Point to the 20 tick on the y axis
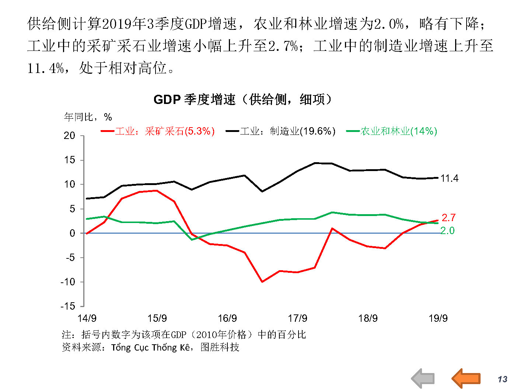(69, 136)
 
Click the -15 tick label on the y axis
(68, 306)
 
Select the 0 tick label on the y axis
(72, 233)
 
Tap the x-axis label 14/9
(87, 318)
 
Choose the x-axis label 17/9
(297, 318)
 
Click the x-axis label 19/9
(438, 318)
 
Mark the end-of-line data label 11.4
(449, 178)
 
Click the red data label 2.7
(449, 217)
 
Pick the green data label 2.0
(447, 231)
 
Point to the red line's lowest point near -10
(262, 282)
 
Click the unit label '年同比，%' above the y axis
(88, 117)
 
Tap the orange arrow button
(466, 378)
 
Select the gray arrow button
(423, 378)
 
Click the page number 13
(502, 379)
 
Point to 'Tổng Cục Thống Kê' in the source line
(151, 347)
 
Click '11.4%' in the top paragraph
(46, 68)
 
